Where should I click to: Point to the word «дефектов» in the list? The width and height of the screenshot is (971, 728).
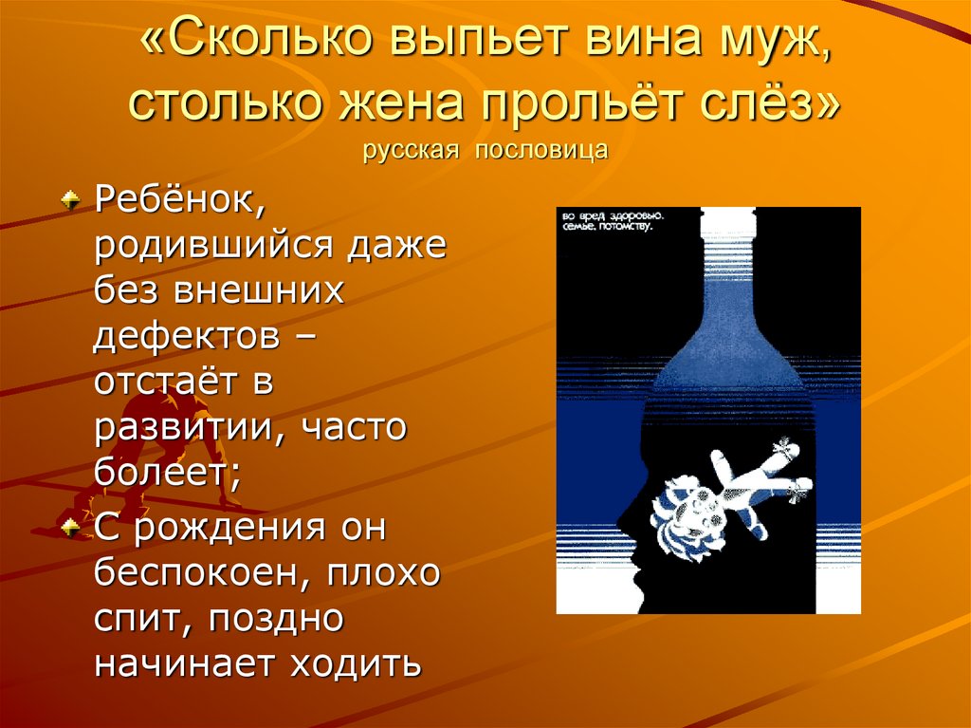coord(186,337)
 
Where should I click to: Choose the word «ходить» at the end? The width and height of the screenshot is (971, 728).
coord(355,662)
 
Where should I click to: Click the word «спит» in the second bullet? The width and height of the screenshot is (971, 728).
coord(138,619)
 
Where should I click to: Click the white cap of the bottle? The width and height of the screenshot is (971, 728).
coord(726,223)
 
